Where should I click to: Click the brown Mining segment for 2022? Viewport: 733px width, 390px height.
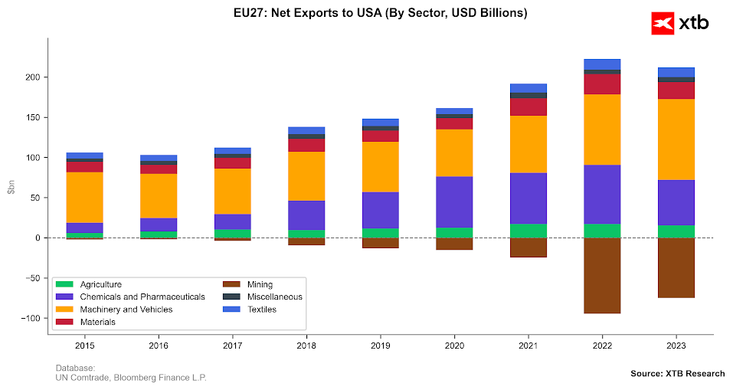602,275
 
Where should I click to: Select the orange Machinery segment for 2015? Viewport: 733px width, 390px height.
84,197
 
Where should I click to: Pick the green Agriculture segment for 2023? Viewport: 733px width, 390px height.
676,231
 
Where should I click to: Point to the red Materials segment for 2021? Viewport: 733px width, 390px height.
528,107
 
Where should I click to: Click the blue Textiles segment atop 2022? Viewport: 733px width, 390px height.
602,64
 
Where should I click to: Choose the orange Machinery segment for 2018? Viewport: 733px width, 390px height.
306,175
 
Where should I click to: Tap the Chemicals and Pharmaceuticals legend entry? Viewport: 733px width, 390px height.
130,297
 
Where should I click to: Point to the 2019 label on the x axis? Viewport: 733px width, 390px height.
381,346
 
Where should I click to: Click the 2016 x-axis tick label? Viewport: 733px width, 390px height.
159,346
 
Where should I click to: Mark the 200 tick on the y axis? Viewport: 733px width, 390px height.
32,77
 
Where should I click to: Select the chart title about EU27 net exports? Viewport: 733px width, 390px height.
381,13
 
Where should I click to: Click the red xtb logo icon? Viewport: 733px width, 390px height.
662,23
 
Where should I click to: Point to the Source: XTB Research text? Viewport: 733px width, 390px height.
677,373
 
